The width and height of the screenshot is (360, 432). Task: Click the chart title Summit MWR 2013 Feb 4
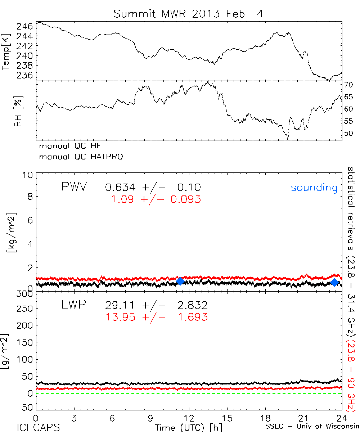click(x=189, y=14)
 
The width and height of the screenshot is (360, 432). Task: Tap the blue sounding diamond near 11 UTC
click(x=180, y=281)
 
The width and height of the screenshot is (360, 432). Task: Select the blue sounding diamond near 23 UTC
click(x=334, y=282)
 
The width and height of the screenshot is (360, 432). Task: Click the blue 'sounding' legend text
click(x=314, y=188)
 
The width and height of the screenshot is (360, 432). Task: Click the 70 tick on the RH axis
click(x=349, y=85)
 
